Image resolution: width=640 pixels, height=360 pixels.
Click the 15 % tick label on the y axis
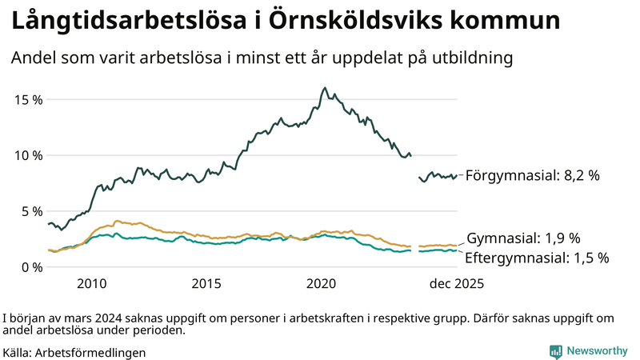point(27,99)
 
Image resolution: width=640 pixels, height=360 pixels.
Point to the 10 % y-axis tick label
point(27,155)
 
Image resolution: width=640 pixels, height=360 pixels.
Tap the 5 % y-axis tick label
point(30,211)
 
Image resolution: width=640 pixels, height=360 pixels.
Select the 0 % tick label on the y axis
point(30,266)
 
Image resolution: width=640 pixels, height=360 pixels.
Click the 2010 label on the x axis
point(92,284)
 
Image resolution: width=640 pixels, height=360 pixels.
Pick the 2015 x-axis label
point(206,284)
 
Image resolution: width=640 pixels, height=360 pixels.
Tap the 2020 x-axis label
point(322,284)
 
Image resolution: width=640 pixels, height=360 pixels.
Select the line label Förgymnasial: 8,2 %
point(533,175)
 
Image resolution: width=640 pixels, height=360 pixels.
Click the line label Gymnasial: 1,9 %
point(523,238)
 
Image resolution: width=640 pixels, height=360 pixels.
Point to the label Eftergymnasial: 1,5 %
point(538,258)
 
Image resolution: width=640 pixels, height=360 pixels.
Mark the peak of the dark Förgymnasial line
point(325,88)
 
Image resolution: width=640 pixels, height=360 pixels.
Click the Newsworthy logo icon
point(555,351)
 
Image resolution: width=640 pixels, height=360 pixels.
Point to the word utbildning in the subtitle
point(468,58)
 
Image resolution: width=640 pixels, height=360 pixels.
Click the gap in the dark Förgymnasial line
point(415,166)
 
